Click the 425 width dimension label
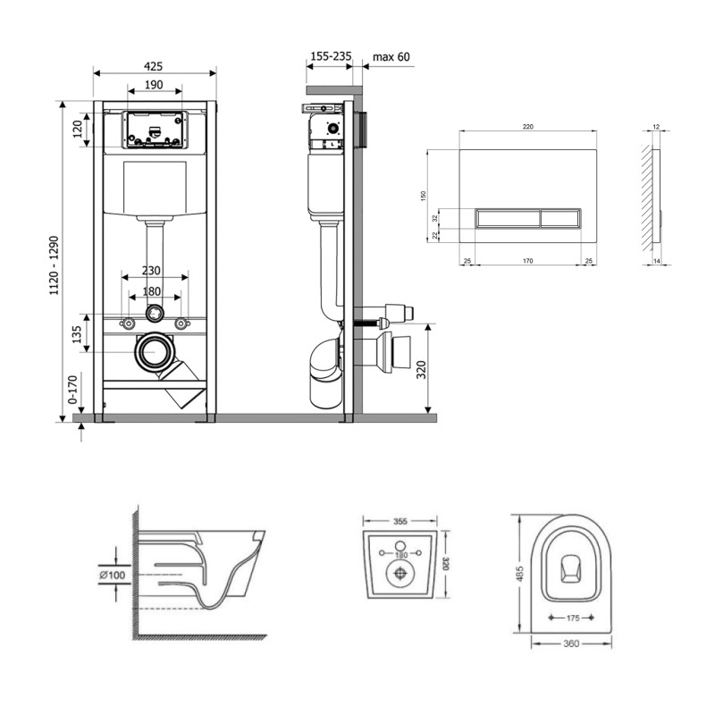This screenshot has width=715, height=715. coord(153,66)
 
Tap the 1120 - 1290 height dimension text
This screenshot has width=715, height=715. coord(55,265)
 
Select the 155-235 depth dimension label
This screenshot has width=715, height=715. coord(331,56)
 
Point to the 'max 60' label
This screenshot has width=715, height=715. coord(391,57)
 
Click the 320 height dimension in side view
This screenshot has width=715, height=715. coord(421,369)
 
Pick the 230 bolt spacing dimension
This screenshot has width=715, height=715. coord(151,271)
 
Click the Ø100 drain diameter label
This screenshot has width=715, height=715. coord(113,575)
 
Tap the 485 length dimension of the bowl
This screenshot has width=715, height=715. coord(520,574)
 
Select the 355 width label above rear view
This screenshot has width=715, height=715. coord(400,521)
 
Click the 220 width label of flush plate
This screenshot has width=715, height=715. coord(527,127)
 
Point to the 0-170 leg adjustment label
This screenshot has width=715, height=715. coord(73,390)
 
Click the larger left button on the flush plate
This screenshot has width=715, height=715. coord(508,218)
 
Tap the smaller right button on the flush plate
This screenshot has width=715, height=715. coord(561,218)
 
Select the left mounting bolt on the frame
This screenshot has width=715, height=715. coord(128,324)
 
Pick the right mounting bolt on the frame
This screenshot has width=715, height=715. coord(182,324)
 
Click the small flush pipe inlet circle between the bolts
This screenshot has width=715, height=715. coord(155,313)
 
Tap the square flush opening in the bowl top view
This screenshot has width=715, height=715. coord(570,569)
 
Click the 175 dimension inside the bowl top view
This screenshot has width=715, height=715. coord(573,618)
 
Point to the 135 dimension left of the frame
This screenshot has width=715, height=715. coord(77,334)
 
